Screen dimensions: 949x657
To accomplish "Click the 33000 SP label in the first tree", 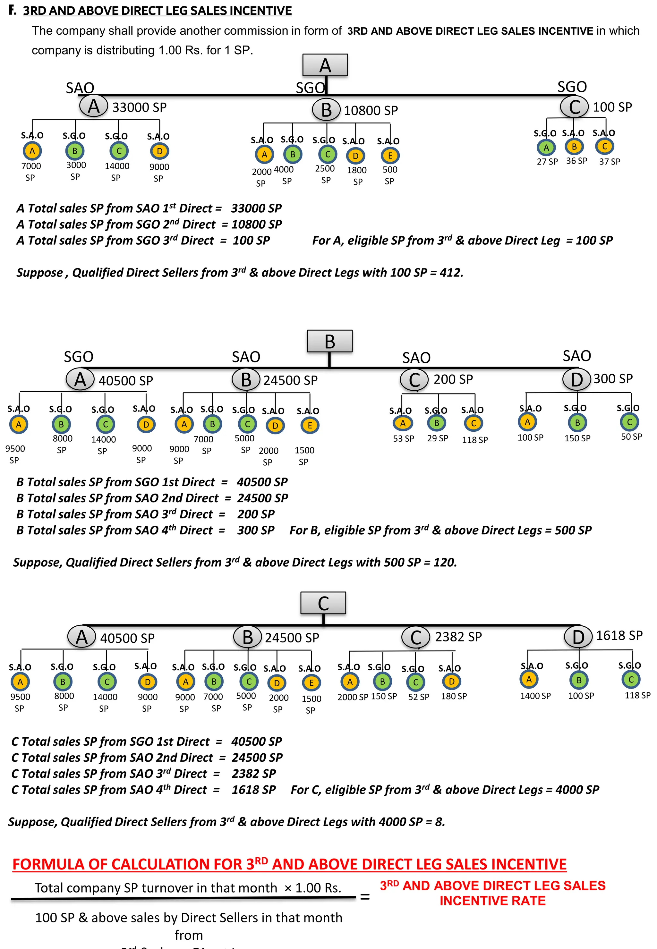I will [x=139, y=107].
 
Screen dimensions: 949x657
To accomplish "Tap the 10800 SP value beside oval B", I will [x=371, y=110].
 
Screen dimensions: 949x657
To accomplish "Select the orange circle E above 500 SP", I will [x=390, y=156].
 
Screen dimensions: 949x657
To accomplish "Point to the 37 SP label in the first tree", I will [x=609, y=162].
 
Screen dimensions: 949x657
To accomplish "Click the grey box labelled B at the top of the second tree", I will [x=329, y=341].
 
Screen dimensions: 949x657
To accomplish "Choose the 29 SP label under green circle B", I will [x=437, y=438].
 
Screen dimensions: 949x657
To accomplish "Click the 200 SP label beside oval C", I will [x=453, y=379].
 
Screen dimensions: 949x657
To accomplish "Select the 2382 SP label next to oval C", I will [x=458, y=637].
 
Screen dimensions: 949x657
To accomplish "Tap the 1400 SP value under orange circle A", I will [x=535, y=696].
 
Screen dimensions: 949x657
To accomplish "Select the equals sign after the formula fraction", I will [x=364, y=897].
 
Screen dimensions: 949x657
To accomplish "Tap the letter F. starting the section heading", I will [x=12, y=10].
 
